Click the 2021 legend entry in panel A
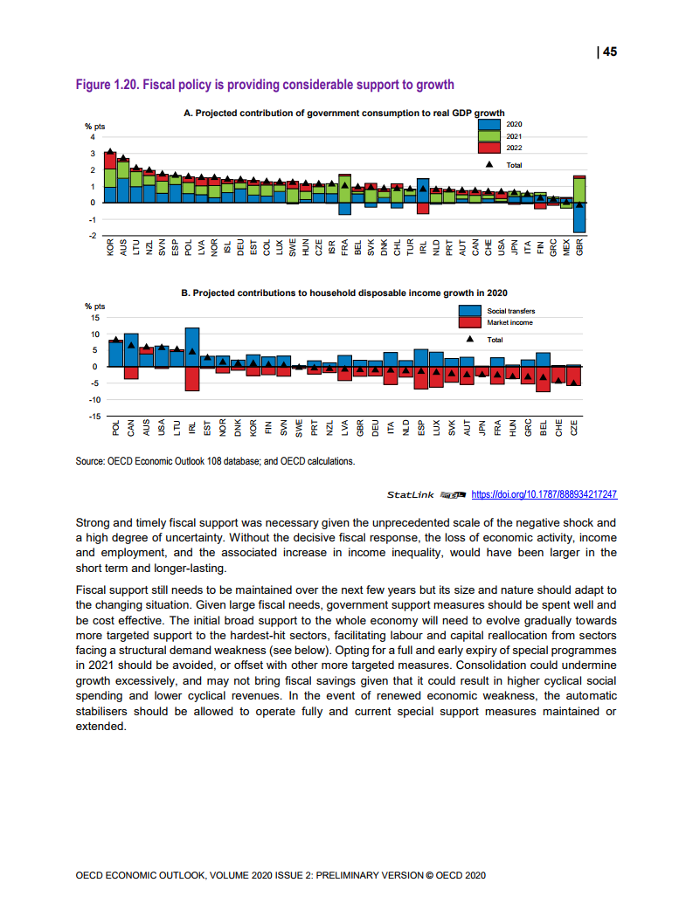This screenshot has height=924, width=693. (x=514, y=136)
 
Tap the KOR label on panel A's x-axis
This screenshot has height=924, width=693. (x=110, y=248)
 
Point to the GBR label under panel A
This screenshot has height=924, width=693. (x=579, y=248)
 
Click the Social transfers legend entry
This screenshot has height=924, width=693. (x=510, y=311)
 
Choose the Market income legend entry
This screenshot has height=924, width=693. (x=509, y=322)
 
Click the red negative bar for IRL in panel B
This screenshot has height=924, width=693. (x=192, y=378)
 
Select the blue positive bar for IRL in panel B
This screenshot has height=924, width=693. (x=192, y=347)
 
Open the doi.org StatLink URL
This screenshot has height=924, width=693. (x=544, y=494)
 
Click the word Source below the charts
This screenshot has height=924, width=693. (x=92, y=461)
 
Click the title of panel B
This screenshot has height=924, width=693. (x=344, y=293)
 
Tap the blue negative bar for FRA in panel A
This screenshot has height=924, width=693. (x=345, y=208)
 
